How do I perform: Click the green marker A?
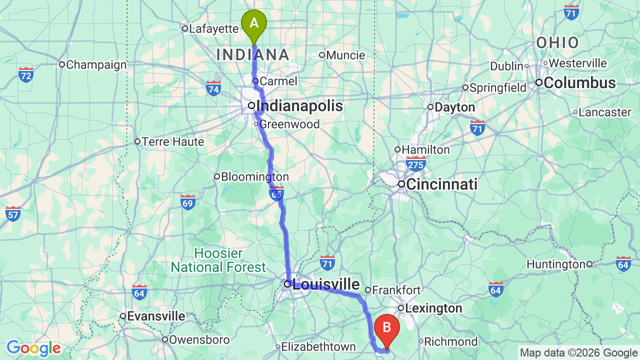tap(254, 23)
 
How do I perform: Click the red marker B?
tap(386, 328)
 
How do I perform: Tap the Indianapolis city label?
tap(299, 106)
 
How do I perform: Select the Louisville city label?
tap(325, 284)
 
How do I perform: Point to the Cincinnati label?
tap(441, 184)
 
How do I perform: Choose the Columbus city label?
tap(579, 83)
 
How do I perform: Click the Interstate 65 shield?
tap(276, 193)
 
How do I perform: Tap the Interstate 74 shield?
tap(213, 88)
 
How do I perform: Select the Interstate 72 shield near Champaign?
tap(26, 75)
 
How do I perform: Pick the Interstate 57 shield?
tap(13, 213)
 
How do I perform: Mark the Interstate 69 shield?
tap(188, 202)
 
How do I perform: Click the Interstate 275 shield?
tap(416, 163)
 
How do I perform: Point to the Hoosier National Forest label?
tap(218, 260)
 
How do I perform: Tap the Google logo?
tap(33, 348)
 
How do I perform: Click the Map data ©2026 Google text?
tap(578, 353)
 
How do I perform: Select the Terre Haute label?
tap(172, 142)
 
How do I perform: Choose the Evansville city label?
tap(155, 316)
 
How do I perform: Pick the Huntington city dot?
tap(589, 264)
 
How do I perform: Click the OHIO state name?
tap(557, 43)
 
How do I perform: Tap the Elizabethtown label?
tap(318, 346)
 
